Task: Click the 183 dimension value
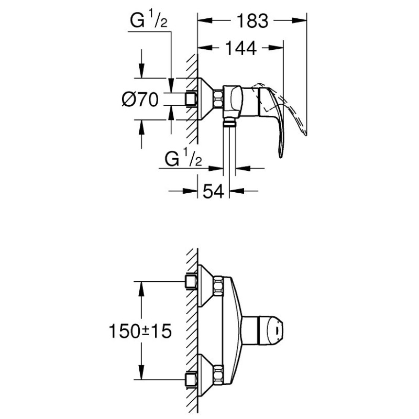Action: point(252,21)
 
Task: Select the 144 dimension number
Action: point(241,48)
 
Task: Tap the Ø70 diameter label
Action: point(140,100)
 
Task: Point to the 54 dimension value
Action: point(213,191)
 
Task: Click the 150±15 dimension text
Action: point(140,331)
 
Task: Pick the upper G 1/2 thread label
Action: point(149,20)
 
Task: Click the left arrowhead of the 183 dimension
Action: point(205,20)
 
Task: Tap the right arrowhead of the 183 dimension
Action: point(299,20)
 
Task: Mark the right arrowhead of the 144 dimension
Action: point(276,48)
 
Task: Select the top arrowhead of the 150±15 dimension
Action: point(141,289)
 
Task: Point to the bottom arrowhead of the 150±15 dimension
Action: point(141,372)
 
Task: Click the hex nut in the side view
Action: point(218,100)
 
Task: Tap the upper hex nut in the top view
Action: point(218,286)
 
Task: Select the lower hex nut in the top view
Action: point(218,374)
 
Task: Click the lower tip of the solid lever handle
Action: point(280,157)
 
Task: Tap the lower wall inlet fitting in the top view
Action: point(191,379)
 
